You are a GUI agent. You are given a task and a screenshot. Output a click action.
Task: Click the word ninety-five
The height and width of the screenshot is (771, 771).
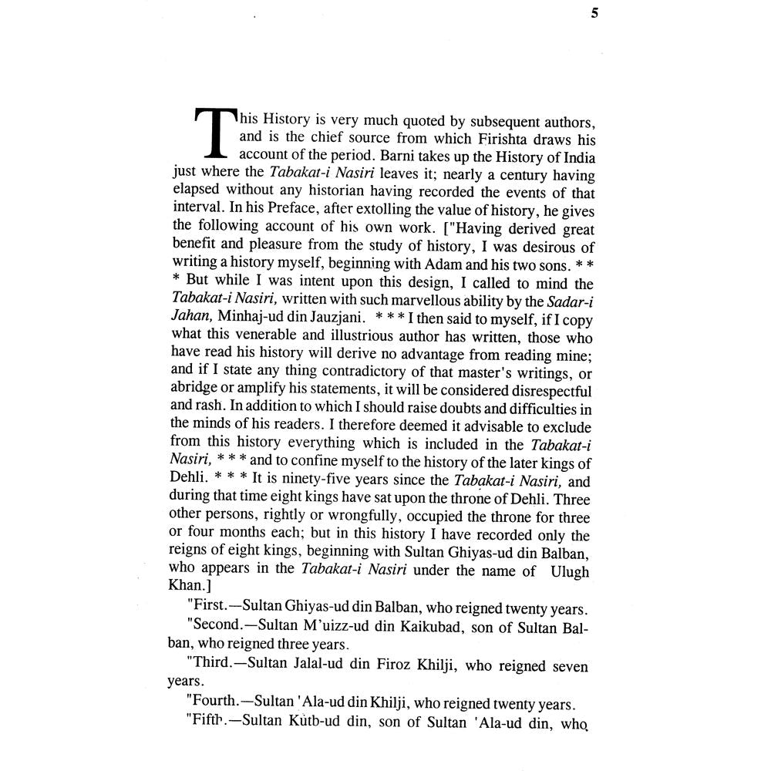(x=308, y=482)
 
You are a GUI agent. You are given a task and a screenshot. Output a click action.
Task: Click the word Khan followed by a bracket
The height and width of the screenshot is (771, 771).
(x=186, y=588)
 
